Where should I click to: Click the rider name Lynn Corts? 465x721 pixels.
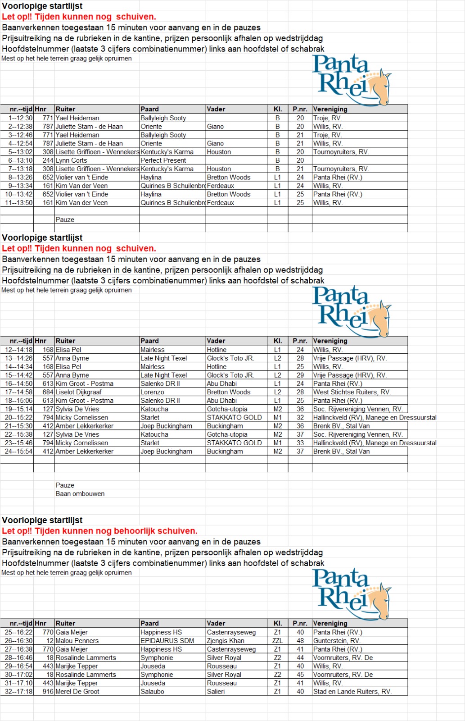click(71, 160)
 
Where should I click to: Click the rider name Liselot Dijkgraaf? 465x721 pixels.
click(78, 392)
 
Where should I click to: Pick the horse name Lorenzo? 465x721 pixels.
click(152, 392)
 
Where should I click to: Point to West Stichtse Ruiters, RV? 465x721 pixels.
click(352, 392)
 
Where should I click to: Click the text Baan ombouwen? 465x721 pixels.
click(80, 494)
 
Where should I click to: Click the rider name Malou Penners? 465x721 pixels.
click(77, 641)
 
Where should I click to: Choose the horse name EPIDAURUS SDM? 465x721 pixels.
click(167, 641)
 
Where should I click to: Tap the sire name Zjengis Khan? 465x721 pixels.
click(226, 641)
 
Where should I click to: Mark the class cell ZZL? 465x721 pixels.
click(277, 641)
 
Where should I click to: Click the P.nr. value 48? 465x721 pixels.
click(300, 641)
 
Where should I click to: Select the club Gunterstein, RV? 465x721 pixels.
click(337, 641)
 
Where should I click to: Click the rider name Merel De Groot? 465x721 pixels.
click(77, 692)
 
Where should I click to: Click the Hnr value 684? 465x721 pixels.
click(48, 392)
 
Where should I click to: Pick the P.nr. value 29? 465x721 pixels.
click(300, 375)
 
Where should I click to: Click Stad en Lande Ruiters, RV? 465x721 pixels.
click(352, 692)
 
